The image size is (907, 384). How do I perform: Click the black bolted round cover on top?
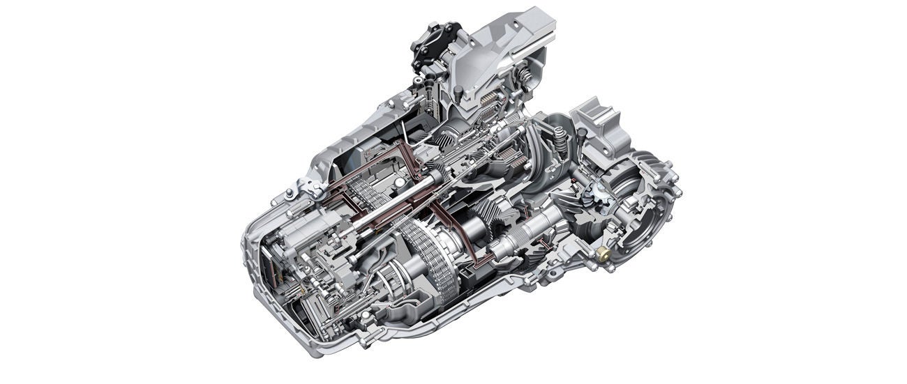click(436, 46)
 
